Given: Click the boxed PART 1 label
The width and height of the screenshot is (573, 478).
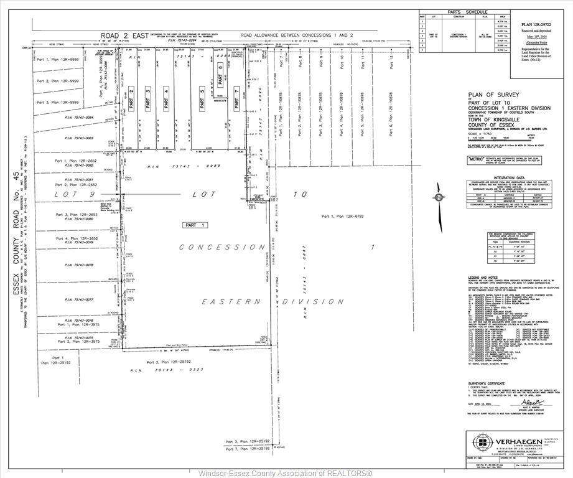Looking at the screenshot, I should point(195,224).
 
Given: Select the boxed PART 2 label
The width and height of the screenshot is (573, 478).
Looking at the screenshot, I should point(131,100).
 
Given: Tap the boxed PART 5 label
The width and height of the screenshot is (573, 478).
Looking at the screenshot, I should point(202,100).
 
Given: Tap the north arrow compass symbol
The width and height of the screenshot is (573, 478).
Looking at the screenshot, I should point(439,198).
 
